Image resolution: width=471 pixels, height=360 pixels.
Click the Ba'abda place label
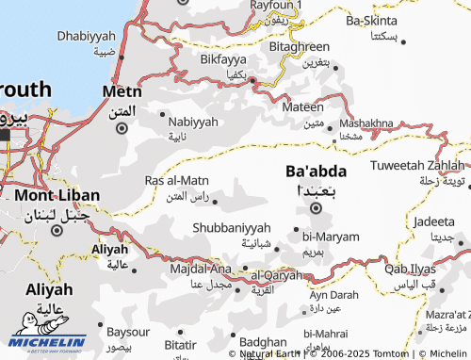click(315, 172)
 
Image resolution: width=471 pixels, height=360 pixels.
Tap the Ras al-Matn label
click(176, 180)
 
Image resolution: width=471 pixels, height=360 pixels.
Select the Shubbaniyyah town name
click(231, 228)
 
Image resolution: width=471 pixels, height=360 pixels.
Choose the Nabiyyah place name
click(192, 122)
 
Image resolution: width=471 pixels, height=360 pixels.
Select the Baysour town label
click(128, 333)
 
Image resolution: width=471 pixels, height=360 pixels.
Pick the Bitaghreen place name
click(299, 46)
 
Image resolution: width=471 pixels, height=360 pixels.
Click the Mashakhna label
click(366, 123)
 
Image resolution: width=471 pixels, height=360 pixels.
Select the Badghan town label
click(263, 342)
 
